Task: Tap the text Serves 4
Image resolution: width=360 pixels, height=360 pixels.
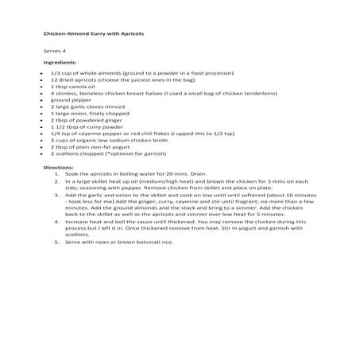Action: pos(54,50)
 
